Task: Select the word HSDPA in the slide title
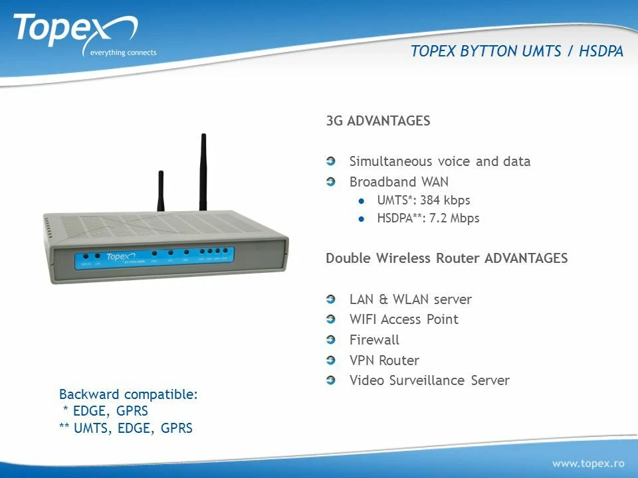[x=601, y=52]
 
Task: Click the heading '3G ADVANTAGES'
[x=377, y=121]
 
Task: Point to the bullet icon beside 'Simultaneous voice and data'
[x=331, y=161]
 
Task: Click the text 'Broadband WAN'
[x=399, y=182]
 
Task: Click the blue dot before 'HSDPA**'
[x=362, y=218]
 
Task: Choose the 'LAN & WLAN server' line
[x=410, y=299]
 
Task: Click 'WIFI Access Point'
[x=403, y=319]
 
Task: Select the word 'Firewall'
[x=374, y=340]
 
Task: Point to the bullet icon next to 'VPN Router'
[x=331, y=360]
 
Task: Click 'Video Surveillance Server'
[x=429, y=380]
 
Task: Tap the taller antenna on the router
[x=203, y=173]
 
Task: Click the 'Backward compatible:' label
[x=128, y=394]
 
